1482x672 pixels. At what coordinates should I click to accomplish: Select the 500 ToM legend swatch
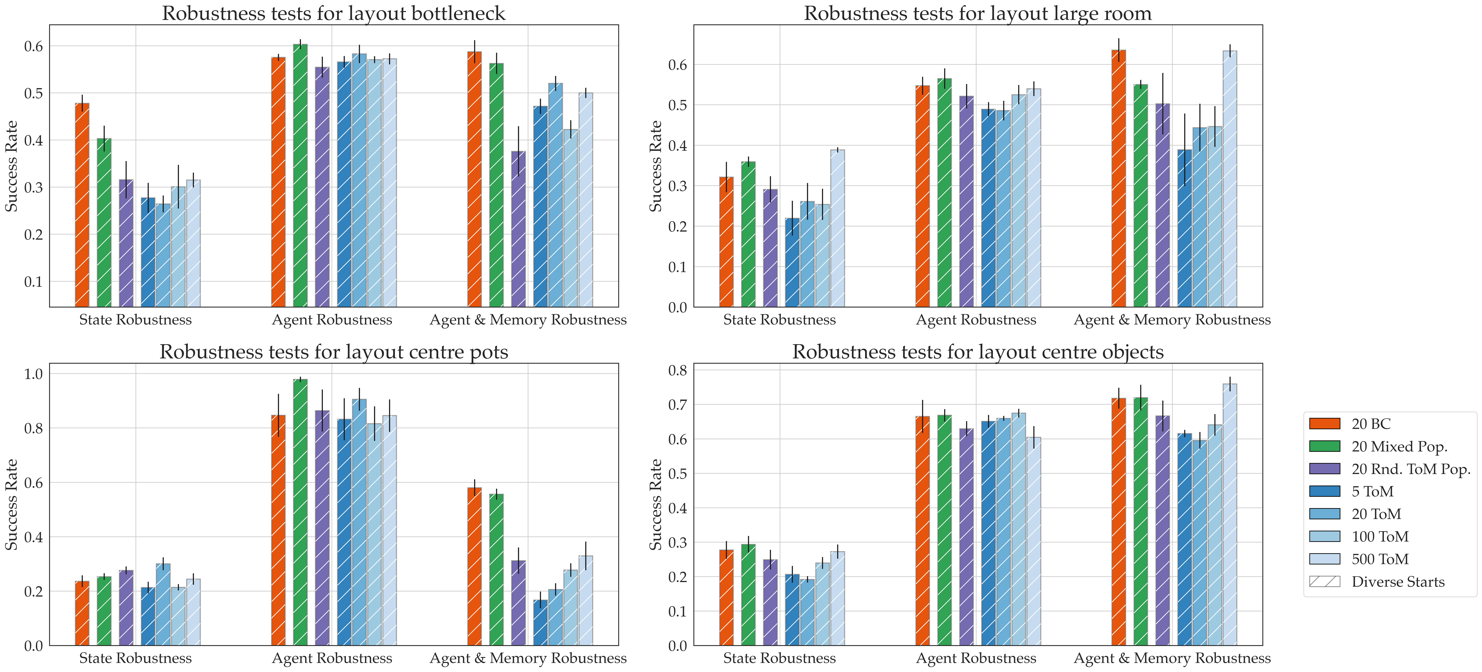(1324, 559)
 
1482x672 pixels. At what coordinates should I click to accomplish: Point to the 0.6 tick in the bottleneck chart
(33, 46)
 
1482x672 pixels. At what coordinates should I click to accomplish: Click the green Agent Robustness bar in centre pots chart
(300, 512)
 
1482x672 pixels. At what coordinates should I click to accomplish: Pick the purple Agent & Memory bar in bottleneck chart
(518, 228)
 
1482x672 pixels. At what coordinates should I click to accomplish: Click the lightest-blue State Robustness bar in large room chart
(838, 228)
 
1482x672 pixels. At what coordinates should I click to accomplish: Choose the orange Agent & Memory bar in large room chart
(1118, 178)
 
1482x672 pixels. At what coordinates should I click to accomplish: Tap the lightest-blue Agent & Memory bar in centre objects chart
(1229, 515)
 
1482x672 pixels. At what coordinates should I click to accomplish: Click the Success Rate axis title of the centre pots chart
(12, 504)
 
